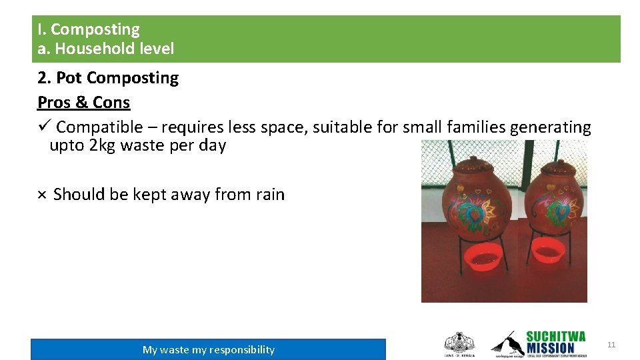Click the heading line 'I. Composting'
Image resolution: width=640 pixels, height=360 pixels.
(89, 29)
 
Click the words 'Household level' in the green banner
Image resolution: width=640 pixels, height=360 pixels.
(115, 49)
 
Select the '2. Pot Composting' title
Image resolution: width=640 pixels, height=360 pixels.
(108, 78)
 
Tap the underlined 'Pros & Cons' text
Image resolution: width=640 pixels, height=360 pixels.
(83, 103)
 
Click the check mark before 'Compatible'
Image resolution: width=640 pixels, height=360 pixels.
(44, 127)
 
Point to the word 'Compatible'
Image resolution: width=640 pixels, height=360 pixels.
(99, 127)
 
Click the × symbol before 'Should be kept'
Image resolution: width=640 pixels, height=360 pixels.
(41, 195)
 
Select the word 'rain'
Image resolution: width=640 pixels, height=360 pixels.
(270, 195)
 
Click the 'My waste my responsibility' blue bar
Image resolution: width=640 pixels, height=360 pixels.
(208, 349)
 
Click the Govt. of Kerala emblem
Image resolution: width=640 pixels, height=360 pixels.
(459, 344)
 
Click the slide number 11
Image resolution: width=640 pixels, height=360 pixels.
(611, 345)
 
